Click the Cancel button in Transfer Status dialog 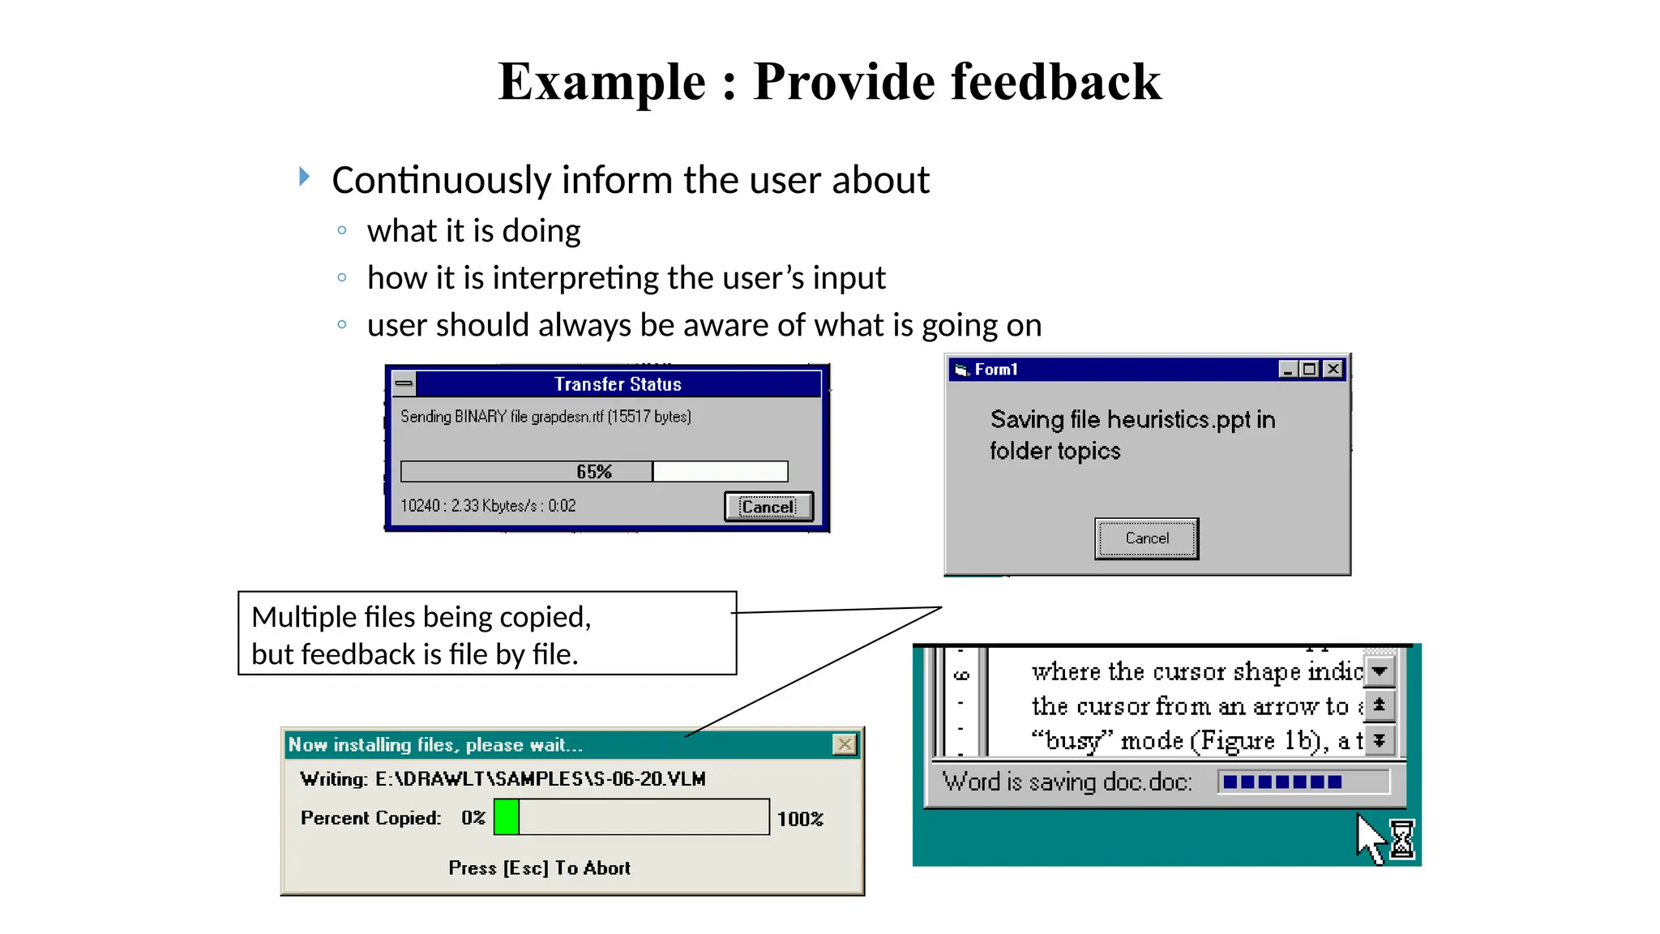tap(768, 507)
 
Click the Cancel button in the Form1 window tap(1146, 538)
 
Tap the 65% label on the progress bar tap(593, 472)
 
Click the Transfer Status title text tap(618, 384)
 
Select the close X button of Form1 tap(1333, 370)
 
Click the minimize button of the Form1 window tap(1288, 370)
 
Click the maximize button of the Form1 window tap(1310, 370)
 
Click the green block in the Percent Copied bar tap(507, 816)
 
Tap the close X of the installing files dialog tap(844, 744)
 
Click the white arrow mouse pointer tap(1370, 839)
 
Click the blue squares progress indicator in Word tap(1282, 782)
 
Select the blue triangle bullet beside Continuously tap(304, 176)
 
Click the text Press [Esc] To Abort tap(539, 868)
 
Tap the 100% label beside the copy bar tap(799, 819)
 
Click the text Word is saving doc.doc tap(1067, 782)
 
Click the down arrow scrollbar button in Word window tap(1380, 671)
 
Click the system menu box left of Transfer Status tap(404, 383)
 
